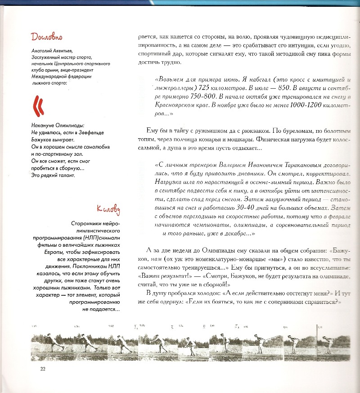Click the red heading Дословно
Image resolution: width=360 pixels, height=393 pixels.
pyautogui.click(x=46, y=36)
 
